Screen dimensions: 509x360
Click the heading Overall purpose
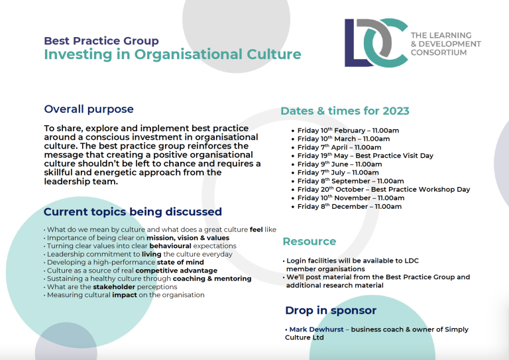click(89, 109)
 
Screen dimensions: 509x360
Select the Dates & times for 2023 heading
click(345, 111)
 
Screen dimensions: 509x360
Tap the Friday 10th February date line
click(348, 131)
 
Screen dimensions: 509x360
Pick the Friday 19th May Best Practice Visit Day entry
click(365, 156)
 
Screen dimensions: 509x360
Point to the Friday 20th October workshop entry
click(384, 190)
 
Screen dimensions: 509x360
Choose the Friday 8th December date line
click(349, 206)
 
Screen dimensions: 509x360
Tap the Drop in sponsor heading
click(331, 310)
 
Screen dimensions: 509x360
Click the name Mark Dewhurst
click(317, 329)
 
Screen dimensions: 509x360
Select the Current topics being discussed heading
click(133, 211)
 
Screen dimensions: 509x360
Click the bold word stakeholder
click(114, 287)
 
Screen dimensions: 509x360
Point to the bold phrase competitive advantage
click(176, 270)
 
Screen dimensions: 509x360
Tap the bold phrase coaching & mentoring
click(212, 278)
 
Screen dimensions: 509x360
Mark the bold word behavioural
click(170, 246)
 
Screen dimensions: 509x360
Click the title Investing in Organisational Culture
click(173, 54)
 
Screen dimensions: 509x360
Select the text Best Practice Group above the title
click(101, 41)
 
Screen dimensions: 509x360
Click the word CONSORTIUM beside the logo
click(439, 52)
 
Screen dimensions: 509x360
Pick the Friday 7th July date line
click(338, 172)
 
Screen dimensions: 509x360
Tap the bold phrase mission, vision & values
click(188, 238)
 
